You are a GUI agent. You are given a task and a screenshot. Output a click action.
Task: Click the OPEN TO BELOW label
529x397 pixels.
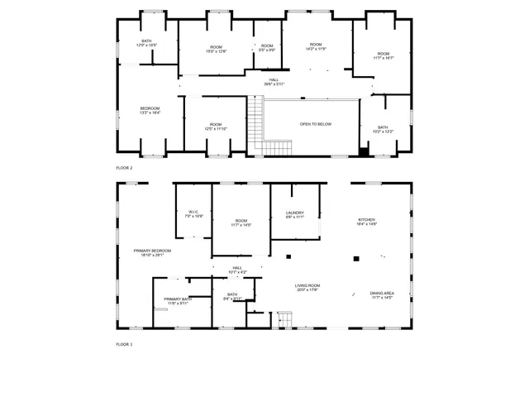[315, 124]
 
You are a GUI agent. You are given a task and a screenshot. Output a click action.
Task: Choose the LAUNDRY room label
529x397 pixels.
[295, 214]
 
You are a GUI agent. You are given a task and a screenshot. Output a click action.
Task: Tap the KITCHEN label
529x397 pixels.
[366, 221]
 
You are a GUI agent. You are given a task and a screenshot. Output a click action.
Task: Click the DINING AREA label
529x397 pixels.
[381, 295]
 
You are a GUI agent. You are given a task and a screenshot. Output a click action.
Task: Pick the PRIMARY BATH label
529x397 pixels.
[178, 301]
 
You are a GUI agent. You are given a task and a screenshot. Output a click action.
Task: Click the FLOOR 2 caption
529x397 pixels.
[124, 167]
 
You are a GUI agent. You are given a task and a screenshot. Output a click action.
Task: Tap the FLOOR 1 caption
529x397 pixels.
[124, 343]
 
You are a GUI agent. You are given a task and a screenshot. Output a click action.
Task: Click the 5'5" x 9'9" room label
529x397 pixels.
[266, 48]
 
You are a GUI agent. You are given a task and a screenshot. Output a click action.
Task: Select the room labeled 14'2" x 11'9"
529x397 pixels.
[316, 46]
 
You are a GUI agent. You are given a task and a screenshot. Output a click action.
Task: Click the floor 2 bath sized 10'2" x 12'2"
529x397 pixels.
[383, 129]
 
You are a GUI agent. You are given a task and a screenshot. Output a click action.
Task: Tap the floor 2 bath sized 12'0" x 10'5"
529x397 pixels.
[146, 43]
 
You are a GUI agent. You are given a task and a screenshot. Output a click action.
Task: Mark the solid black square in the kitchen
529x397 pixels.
[355, 259]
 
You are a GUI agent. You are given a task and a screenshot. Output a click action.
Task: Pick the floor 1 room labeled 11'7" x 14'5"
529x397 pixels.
[241, 222]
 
